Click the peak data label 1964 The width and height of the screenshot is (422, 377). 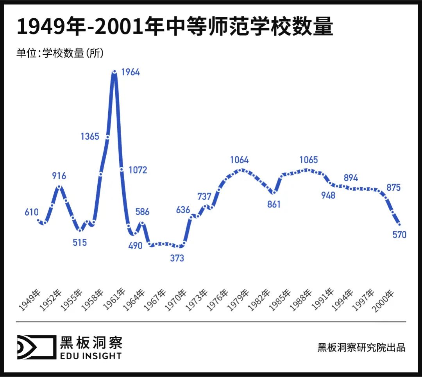point(131,72)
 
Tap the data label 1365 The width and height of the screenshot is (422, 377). point(90,137)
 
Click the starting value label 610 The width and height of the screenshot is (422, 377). point(31,213)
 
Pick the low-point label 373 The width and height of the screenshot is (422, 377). point(177,258)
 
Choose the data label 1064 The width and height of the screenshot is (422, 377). point(240,160)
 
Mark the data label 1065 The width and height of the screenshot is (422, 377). point(309,160)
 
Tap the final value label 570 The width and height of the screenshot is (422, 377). point(399,235)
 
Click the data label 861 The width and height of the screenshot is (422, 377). point(274,204)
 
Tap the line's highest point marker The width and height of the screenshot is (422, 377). point(114,71)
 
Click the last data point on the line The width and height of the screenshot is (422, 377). point(399,224)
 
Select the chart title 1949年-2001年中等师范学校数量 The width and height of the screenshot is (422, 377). point(175,27)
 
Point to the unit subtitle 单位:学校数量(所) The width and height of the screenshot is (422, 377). point(60,53)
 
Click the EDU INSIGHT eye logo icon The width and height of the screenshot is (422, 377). point(35,347)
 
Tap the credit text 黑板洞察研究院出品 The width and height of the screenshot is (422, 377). point(361,347)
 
